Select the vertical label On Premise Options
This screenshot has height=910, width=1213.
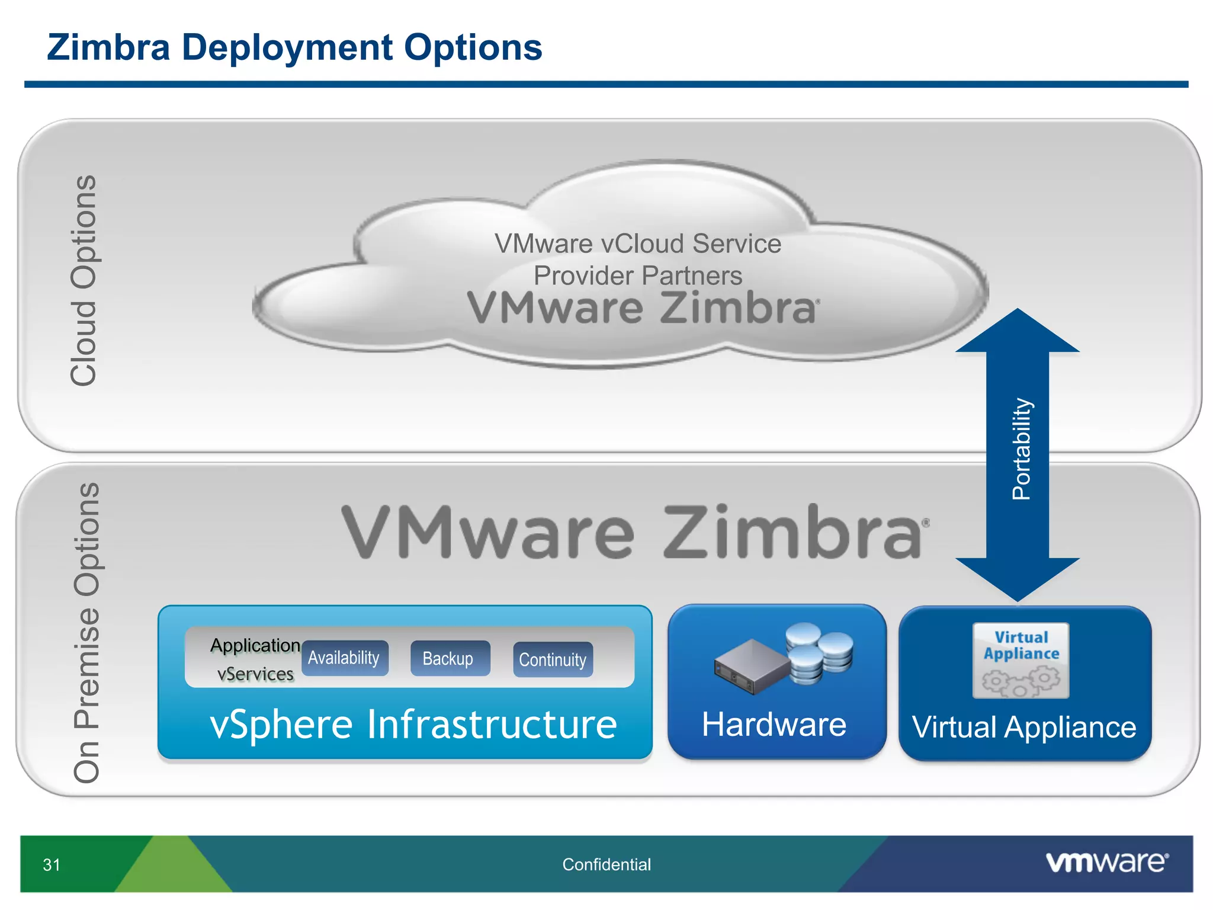pyautogui.click(x=86, y=633)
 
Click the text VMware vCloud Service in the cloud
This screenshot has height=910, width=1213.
pyautogui.click(x=638, y=244)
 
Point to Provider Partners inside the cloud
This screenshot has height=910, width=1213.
pyautogui.click(x=638, y=275)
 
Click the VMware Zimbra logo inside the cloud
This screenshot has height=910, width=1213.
pyautogui.click(x=643, y=308)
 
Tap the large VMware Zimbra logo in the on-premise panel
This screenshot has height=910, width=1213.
pyautogui.click(x=634, y=532)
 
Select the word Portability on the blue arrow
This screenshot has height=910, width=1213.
pyautogui.click(x=1021, y=449)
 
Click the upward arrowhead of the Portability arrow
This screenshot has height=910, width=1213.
pyautogui.click(x=1018, y=332)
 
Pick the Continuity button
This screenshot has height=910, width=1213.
pyautogui.click(x=553, y=659)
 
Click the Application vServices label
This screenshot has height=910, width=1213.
pyautogui.click(x=255, y=659)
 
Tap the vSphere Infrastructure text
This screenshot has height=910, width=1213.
pyautogui.click(x=413, y=724)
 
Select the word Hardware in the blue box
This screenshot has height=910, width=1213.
pyautogui.click(x=774, y=725)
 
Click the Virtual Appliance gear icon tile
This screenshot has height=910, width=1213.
pyautogui.click(x=1021, y=660)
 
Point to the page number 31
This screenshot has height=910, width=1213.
pyautogui.click(x=52, y=865)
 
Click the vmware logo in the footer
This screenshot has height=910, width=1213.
pyautogui.click(x=1106, y=862)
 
